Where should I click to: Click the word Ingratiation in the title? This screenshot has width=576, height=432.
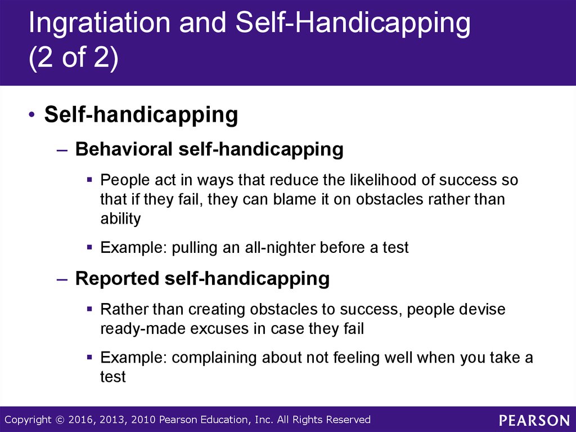(x=99, y=23)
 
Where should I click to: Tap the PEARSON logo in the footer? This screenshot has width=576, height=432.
(x=534, y=420)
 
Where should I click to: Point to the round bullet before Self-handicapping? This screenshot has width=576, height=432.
(x=32, y=115)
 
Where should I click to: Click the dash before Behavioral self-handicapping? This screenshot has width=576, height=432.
(x=62, y=150)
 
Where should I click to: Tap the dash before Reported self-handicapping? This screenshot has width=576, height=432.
(x=62, y=279)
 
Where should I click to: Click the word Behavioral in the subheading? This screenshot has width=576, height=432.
(x=124, y=149)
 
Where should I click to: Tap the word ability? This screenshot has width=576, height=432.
(x=120, y=219)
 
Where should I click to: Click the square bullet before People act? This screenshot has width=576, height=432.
(x=89, y=180)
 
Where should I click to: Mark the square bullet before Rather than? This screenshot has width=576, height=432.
(x=89, y=309)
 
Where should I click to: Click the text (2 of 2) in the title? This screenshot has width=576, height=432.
(x=74, y=58)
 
